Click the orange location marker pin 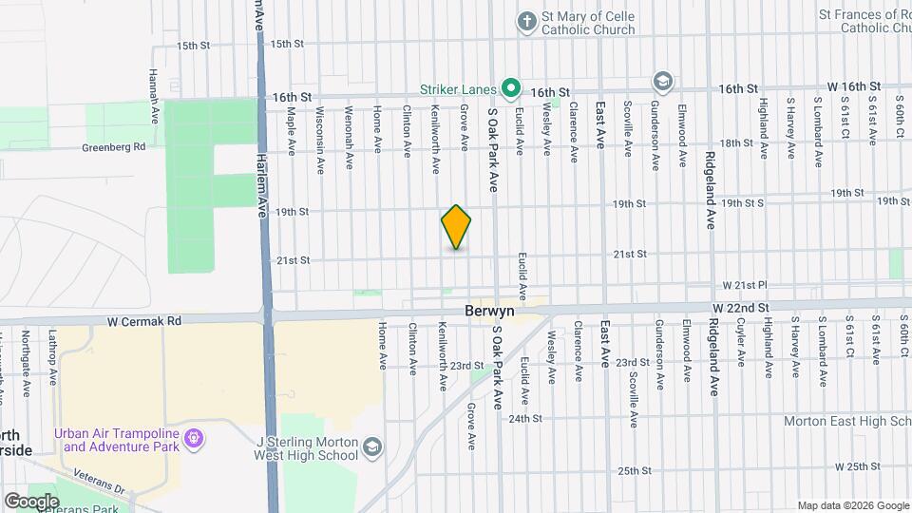(456, 227)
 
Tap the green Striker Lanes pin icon (511, 89)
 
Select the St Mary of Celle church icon (526, 21)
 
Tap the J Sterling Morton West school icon (373, 446)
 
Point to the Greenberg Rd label (113, 147)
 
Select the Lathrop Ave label (52, 356)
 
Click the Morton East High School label (846, 420)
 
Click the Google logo (31, 501)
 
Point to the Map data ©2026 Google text (852, 505)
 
